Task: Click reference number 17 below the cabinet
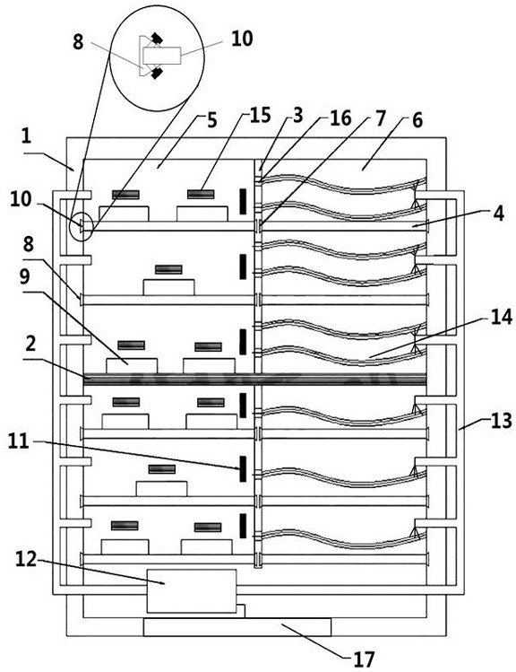pyautogui.click(x=364, y=659)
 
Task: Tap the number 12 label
pyautogui.click(x=26, y=559)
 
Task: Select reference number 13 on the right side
pyautogui.click(x=501, y=421)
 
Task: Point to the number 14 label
pyautogui.click(x=501, y=318)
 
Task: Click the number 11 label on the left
pyautogui.click(x=19, y=441)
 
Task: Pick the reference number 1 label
pyautogui.click(x=27, y=136)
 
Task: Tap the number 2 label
pyautogui.click(x=30, y=344)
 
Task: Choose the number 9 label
pyautogui.click(x=25, y=277)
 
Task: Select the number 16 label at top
pyautogui.click(x=340, y=118)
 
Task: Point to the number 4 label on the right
pyautogui.click(x=498, y=213)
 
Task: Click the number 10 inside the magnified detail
pyautogui.click(x=242, y=39)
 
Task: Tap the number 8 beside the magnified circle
pyautogui.click(x=78, y=42)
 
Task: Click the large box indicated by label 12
pyautogui.click(x=191, y=591)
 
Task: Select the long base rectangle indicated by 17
pyautogui.click(x=237, y=627)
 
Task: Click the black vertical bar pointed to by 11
pyautogui.click(x=243, y=469)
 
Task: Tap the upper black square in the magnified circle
pyautogui.click(x=157, y=39)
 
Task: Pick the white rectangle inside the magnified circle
pyautogui.click(x=162, y=57)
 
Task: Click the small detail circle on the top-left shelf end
pyautogui.click(x=81, y=225)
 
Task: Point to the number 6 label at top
pyautogui.click(x=417, y=120)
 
